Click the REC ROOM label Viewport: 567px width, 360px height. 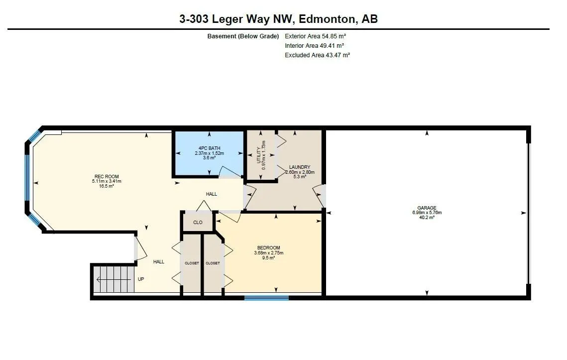point(107,176)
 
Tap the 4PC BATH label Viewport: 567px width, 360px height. point(209,148)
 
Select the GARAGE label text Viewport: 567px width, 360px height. point(427,208)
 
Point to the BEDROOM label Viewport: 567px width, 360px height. point(268,248)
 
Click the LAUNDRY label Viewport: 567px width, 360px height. point(300,167)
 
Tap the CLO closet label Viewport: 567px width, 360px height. point(198,223)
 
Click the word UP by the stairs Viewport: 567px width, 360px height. point(141,279)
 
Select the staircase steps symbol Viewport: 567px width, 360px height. point(114,279)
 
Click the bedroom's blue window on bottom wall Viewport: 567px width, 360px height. point(266,298)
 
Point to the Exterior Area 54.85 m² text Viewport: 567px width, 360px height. point(315,36)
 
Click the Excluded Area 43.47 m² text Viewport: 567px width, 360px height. point(317,55)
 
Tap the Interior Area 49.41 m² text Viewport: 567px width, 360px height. point(315,46)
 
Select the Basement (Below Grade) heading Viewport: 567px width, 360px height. point(243,36)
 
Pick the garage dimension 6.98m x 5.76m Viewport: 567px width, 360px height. point(427,213)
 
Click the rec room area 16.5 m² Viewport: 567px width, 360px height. point(107,186)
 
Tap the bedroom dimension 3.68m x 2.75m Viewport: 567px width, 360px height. point(268,253)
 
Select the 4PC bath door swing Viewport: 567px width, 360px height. point(229,172)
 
